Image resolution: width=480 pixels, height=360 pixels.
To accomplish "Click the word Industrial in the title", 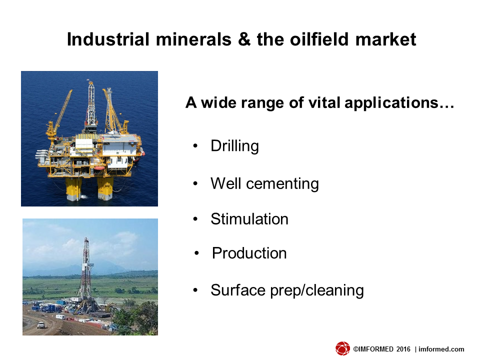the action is click(x=108, y=39).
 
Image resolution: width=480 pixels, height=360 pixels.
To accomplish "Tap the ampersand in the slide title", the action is click(x=244, y=39).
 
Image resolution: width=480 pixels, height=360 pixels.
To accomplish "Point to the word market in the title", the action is click(x=385, y=39).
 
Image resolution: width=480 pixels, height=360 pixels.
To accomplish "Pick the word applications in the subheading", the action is click(x=391, y=103).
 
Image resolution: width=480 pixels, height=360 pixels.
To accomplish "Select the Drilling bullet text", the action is click(x=235, y=146).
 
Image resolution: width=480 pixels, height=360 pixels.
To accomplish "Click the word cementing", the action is click(x=282, y=184).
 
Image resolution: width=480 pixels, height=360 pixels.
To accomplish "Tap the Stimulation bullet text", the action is click(x=249, y=219).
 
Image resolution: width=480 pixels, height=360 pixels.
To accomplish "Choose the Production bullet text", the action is click(x=249, y=253).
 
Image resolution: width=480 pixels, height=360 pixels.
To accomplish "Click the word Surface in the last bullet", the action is click(x=238, y=290).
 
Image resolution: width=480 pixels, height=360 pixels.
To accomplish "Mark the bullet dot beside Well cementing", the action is click(x=195, y=183).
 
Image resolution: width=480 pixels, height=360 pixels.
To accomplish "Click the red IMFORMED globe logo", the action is click(x=342, y=348).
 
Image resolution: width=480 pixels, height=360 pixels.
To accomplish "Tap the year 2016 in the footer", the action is click(x=403, y=349).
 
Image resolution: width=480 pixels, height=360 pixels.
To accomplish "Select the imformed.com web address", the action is click(x=441, y=349).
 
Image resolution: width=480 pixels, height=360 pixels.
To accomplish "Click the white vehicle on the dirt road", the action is click(x=40, y=325).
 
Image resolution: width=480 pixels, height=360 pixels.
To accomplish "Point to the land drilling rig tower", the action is click(x=85, y=272).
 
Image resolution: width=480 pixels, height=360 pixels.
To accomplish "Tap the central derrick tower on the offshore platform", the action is click(x=91, y=104).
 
